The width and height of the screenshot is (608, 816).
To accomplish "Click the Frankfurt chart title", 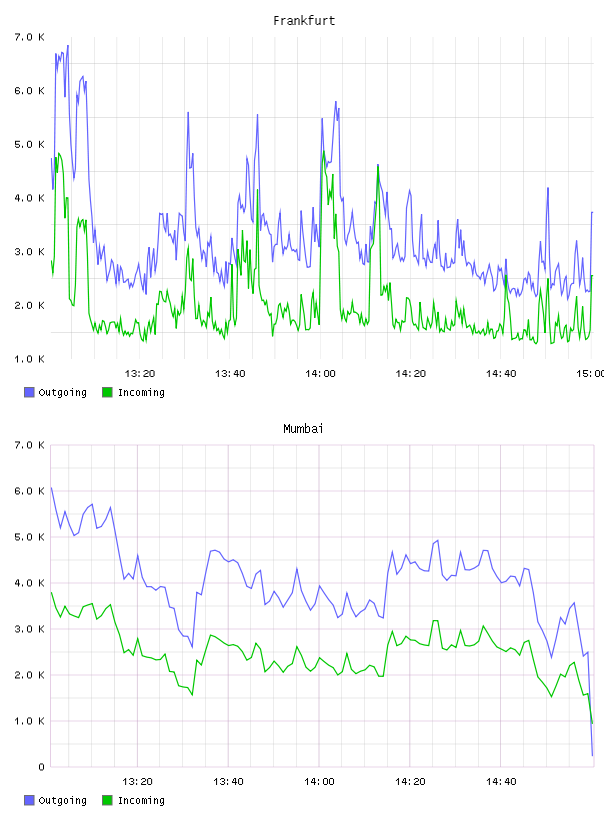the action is tap(304, 21).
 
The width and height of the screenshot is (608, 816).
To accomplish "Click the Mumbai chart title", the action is tap(303, 429).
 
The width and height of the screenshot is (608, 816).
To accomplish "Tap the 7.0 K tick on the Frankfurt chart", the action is tap(29, 37).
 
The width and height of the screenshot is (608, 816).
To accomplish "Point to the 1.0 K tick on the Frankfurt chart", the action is tap(29, 359).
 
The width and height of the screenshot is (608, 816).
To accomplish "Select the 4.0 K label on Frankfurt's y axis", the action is tap(29, 198).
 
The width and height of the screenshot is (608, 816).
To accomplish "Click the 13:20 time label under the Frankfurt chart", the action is tap(140, 373).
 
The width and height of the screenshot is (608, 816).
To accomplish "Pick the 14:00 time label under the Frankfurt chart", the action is tap(320, 373).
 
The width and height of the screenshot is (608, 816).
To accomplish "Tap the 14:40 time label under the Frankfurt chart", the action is tap(501, 373).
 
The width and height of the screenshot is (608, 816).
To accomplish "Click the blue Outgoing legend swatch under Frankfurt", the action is tap(29, 392).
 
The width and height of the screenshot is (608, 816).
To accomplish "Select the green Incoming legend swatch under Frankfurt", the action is tap(107, 392).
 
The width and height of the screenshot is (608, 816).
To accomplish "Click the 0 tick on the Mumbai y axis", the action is tap(41, 767).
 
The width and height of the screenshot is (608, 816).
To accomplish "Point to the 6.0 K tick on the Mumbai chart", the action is tap(29, 491).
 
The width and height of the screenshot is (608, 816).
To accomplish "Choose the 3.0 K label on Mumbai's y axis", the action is tap(29, 629).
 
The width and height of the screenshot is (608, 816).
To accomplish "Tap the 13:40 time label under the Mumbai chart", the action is tap(228, 781).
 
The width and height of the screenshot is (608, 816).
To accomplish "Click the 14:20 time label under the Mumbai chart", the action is tap(410, 781).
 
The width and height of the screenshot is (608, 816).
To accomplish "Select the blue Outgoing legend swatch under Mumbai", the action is tap(29, 800).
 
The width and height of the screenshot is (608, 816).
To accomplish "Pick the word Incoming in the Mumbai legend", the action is tap(141, 801).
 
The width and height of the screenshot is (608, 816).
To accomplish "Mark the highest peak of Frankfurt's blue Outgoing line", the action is tap(68, 46).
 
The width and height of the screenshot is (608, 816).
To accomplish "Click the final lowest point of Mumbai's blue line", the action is tap(592, 755).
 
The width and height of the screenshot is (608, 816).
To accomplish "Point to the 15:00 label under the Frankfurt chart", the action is tap(591, 373).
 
